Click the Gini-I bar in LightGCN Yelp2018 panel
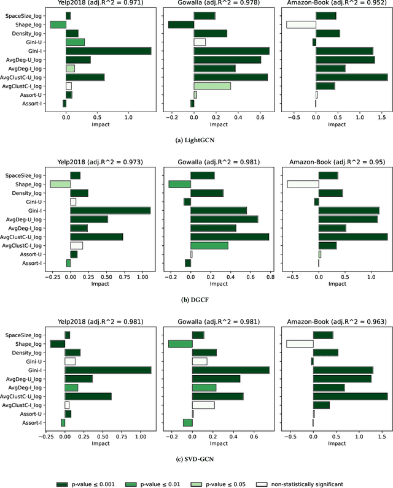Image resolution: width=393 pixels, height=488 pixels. pyautogui.click(x=108, y=51)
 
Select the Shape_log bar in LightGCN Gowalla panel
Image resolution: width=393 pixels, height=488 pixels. pyautogui.click(x=181, y=25)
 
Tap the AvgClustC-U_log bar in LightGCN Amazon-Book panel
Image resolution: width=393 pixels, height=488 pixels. pyautogui.click(x=351, y=77)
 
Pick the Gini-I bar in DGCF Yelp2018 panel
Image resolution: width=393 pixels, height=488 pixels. pyautogui.click(x=110, y=210)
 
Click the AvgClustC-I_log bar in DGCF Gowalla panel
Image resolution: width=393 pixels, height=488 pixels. pyautogui.click(x=209, y=245)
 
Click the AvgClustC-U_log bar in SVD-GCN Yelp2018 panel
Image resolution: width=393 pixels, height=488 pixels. pyautogui.click(x=88, y=396)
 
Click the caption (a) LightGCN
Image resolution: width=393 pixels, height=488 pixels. pyautogui.click(x=196, y=140)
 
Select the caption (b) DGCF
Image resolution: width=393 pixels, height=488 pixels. pyautogui.click(x=196, y=299)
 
